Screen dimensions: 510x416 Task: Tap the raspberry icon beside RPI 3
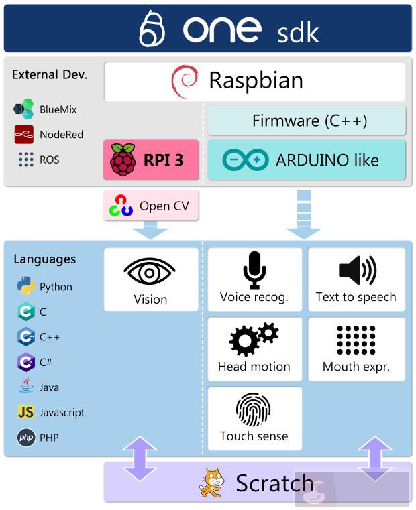[x=123, y=160]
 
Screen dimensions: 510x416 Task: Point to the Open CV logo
[x=121, y=206]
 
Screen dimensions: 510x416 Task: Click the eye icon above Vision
[x=150, y=272]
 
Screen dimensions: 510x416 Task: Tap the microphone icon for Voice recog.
[x=254, y=269]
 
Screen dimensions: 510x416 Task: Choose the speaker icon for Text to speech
[x=356, y=269]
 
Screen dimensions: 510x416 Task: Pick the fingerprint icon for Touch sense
[x=254, y=409]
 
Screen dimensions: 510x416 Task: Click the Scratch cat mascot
[x=213, y=483]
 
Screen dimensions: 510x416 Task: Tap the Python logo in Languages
[x=26, y=286]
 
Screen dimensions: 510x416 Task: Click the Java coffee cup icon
[x=26, y=387]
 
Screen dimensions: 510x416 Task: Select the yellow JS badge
[x=26, y=412]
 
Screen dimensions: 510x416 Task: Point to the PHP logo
[x=26, y=438]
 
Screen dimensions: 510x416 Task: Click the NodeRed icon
[x=24, y=134]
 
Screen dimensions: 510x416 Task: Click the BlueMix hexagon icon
[x=24, y=109]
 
